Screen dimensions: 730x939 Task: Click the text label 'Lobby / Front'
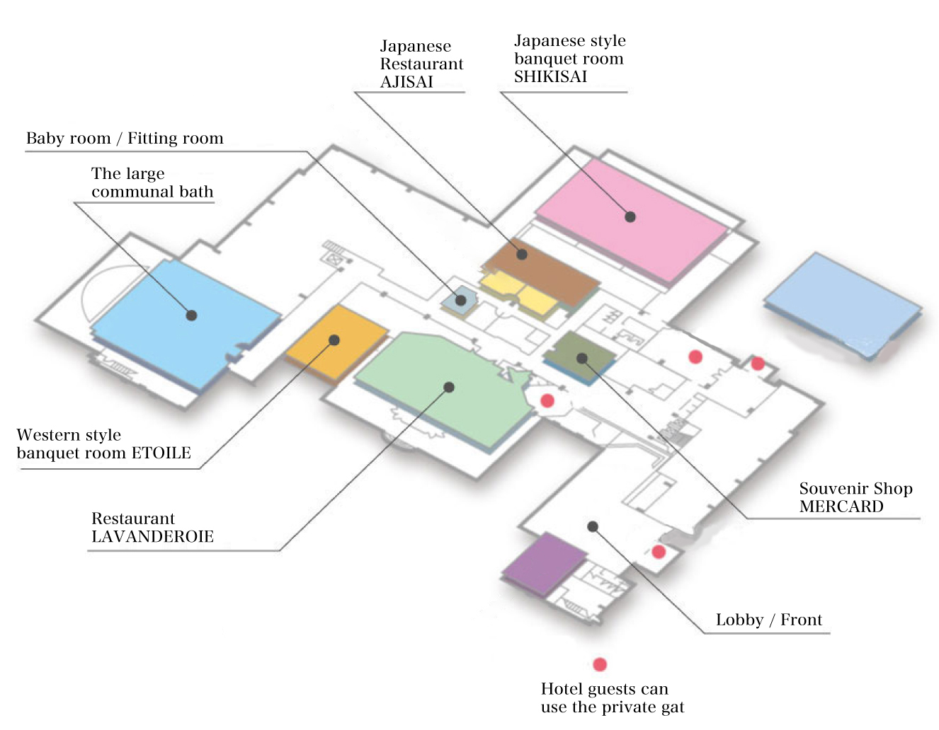pos(768,620)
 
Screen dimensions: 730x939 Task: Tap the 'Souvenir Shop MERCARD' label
pos(855,497)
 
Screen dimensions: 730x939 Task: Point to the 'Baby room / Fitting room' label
pos(125,139)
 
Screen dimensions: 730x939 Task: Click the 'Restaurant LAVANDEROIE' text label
pos(152,528)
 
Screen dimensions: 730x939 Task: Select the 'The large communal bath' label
pos(152,182)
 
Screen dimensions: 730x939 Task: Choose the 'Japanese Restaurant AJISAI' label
pos(421,64)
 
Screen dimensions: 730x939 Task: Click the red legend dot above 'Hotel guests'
pos(600,664)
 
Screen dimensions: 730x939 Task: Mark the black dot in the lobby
pos(593,526)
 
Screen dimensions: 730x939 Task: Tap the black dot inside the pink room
pos(630,216)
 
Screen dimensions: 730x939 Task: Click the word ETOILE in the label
pos(161,453)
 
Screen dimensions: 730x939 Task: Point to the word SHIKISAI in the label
pos(550,77)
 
